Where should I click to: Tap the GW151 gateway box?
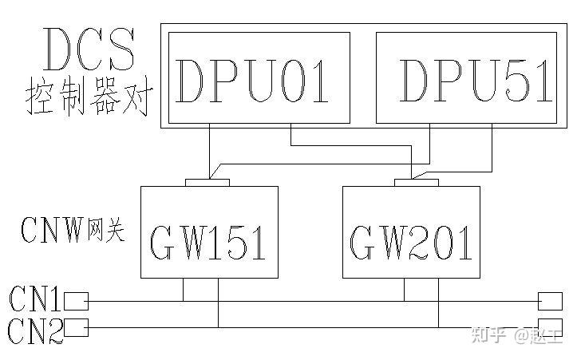tap(209, 232)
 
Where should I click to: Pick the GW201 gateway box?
tap(411, 232)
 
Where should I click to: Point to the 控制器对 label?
tap(88, 100)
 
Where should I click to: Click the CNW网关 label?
tap(73, 231)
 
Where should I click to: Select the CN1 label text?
tap(34, 300)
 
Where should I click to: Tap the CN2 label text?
tap(34, 329)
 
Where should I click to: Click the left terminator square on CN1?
tap(76, 301)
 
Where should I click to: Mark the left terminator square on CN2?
tap(76, 327)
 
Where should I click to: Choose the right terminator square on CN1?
tap(550, 301)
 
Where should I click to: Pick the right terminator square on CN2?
tap(550, 327)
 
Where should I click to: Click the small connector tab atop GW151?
tap(207, 183)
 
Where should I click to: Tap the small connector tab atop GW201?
tap(416, 183)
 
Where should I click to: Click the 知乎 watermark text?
tap(488, 336)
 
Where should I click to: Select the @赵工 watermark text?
tap(539, 336)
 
